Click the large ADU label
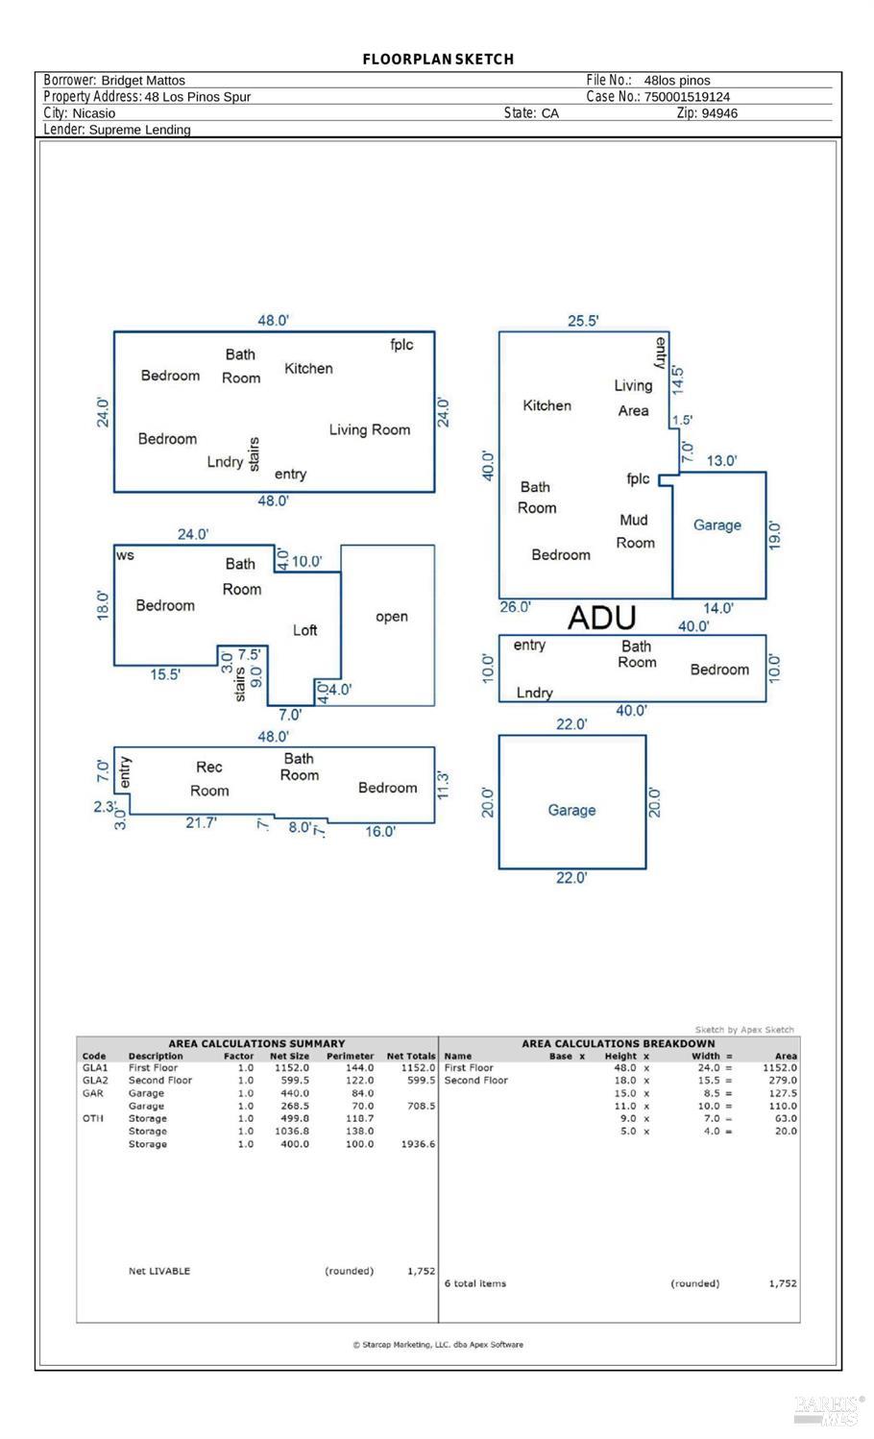[601, 618]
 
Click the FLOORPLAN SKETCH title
[438, 60]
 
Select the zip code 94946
[719, 113]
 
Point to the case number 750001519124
[687, 97]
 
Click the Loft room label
[304, 630]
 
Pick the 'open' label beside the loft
[391, 617]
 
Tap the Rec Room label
[209, 779]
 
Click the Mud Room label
[635, 531]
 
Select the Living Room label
[370, 430]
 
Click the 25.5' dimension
[583, 321]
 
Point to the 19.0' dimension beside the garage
[775, 535]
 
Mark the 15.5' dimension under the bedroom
[165, 674]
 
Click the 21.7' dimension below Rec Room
[202, 822]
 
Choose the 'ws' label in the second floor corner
[125, 555]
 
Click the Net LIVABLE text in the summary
[159, 1271]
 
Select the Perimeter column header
[350, 1056]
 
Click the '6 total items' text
[474, 1283]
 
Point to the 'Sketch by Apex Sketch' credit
[744, 1030]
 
